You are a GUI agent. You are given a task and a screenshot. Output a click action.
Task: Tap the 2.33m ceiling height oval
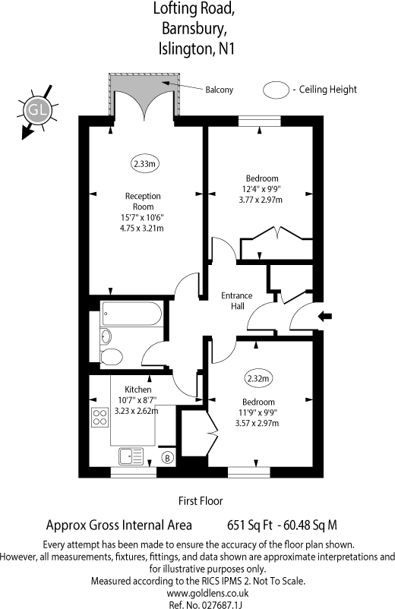(x=145, y=163)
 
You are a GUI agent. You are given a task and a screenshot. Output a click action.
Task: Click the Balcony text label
(x=220, y=90)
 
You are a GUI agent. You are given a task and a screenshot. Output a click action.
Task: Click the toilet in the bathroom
(x=112, y=356)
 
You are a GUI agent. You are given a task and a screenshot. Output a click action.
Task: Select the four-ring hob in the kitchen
(x=100, y=416)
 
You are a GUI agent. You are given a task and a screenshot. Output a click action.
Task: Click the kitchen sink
(x=131, y=456)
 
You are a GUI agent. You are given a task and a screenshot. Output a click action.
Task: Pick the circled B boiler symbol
(x=168, y=458)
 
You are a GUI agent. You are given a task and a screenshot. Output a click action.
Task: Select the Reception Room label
(x=143, y=201)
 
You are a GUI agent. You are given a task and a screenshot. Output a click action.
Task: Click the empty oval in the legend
(x=275, y=90)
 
